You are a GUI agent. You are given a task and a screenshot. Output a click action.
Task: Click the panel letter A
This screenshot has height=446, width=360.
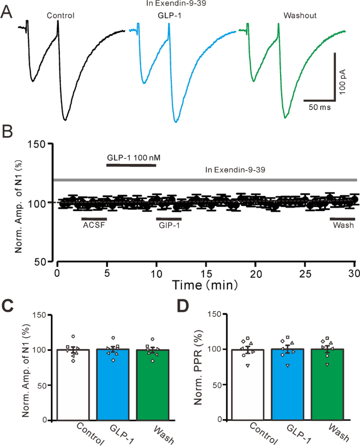[x=7, y=11]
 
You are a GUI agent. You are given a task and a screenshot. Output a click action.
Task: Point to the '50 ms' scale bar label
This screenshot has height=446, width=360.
[x=319, y=107]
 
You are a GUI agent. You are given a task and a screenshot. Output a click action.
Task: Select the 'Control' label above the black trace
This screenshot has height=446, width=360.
[x=60, y=16]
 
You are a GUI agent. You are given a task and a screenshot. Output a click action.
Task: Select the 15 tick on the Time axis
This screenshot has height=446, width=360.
[x=206, y=273]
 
